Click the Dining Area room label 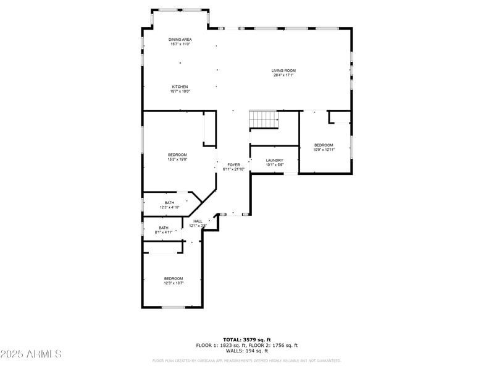(180, 40)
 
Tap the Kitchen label (180, 87)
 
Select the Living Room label (283, 70)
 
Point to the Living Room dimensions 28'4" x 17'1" (283, 75)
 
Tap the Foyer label (233, 164)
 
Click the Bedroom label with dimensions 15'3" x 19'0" (178, 155)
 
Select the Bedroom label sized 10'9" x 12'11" (324, 145)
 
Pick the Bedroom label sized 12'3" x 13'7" (174, 278)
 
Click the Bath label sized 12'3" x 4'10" (169, 203)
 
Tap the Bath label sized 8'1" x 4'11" (164, 228)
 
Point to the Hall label (198, 221)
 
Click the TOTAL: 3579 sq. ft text (246, 339)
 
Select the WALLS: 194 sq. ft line (246, 351)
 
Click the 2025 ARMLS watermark (31, 354)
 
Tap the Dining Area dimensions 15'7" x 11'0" (180, 44)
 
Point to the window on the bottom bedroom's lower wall (174, 307)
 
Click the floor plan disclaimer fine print (246, 360)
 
